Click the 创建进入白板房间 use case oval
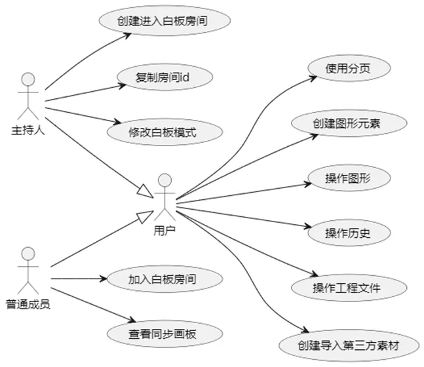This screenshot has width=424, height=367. (164, 20)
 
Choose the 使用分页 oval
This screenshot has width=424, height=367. (349, 68)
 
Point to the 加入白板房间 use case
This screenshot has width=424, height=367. (162, 279)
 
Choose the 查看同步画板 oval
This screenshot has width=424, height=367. (162, 334)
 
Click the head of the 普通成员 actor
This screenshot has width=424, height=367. (28, 253)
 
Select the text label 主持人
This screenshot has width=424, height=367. (28, 129)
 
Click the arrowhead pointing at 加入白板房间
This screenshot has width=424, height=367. (103, 279)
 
